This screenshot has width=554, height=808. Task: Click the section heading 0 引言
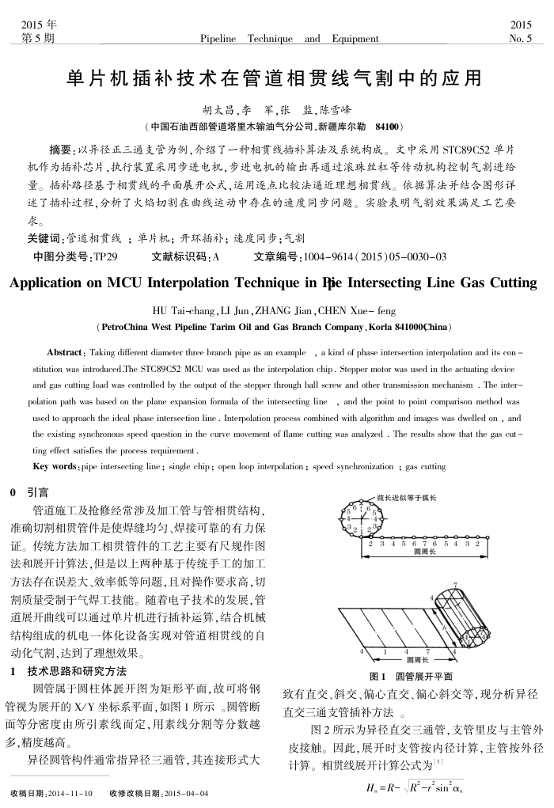point(29,491)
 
